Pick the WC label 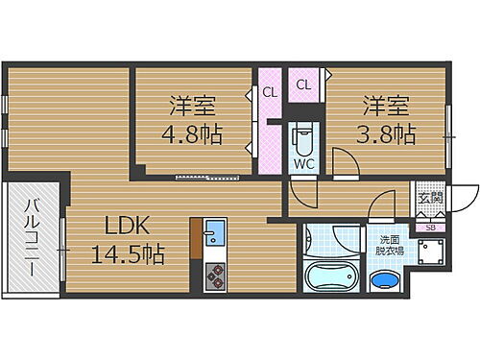(304, 163)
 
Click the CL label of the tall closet (270, 93)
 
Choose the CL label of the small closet (303, 84)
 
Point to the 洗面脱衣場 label (389, 245)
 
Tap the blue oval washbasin (385, 282)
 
